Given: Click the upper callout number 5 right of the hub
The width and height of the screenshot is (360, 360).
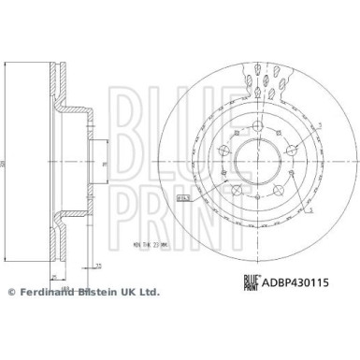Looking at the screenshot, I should pyautogui.click(x=318, y=125).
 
